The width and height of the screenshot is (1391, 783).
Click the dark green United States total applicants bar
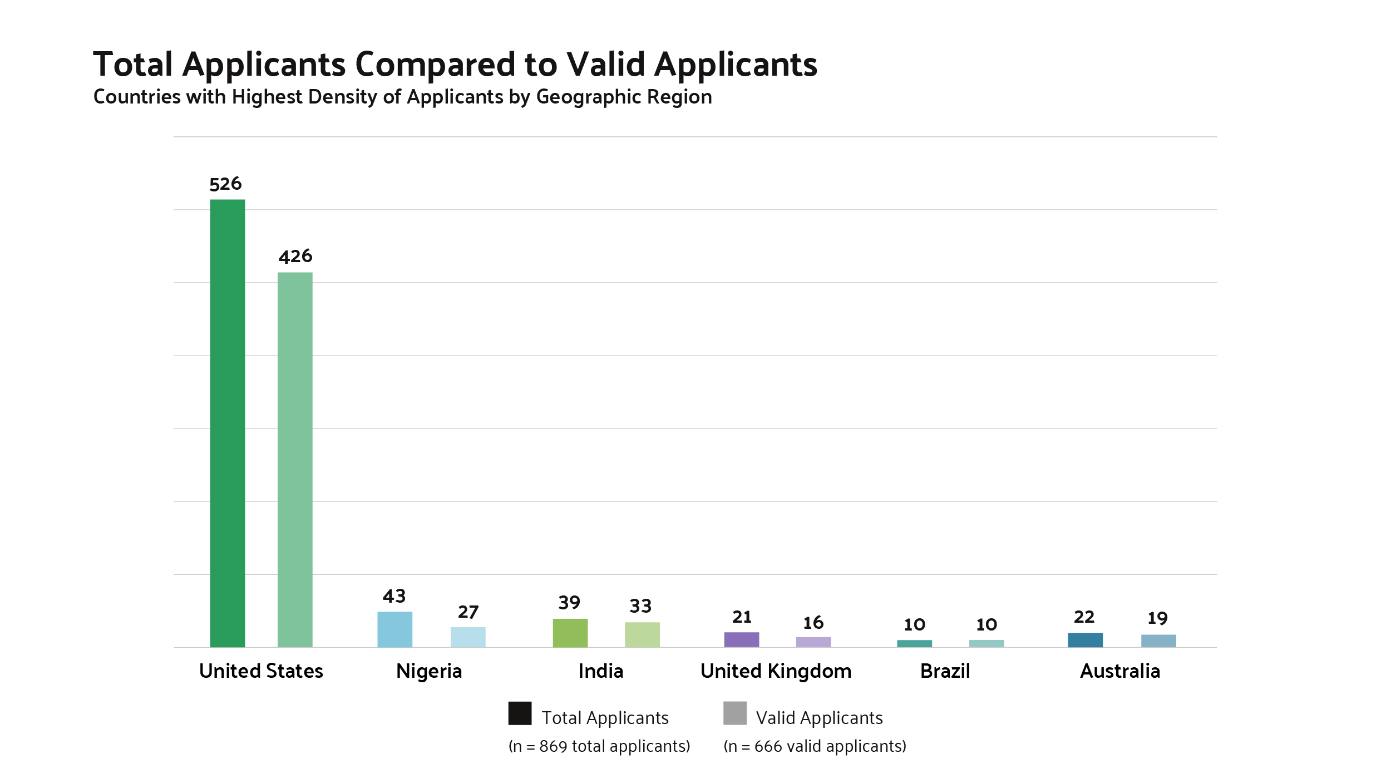tap(228, 423)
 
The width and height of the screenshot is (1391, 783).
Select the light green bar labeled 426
tap(295, 460)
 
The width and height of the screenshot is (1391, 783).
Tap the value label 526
tap(225, 184)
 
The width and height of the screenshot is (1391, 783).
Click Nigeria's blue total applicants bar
tap(394, 629)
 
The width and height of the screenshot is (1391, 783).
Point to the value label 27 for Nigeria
tap(468, 612)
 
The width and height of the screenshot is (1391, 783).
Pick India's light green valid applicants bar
tap(642, 635)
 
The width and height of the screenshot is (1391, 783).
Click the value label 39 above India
tap(569, 603)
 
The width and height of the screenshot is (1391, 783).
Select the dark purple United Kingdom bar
tap(741, 640)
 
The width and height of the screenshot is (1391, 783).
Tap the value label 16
tap(813, 623)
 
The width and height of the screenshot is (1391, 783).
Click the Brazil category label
tap(945, 671)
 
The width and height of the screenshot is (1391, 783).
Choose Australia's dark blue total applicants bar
tap(1085, 640)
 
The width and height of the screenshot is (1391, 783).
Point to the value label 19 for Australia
tap(1157, 618)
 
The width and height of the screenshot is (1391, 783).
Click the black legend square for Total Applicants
tap(520, 713)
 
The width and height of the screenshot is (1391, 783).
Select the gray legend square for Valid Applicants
tap(734, 713)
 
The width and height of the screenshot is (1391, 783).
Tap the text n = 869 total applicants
tap(599, 746)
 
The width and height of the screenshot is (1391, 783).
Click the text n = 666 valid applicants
tap(815, 746)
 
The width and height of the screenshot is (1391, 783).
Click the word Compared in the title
tap(435, 65)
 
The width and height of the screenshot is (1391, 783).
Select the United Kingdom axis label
tap(776, 671)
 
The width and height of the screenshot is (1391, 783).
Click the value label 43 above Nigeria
tap(394, 597)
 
